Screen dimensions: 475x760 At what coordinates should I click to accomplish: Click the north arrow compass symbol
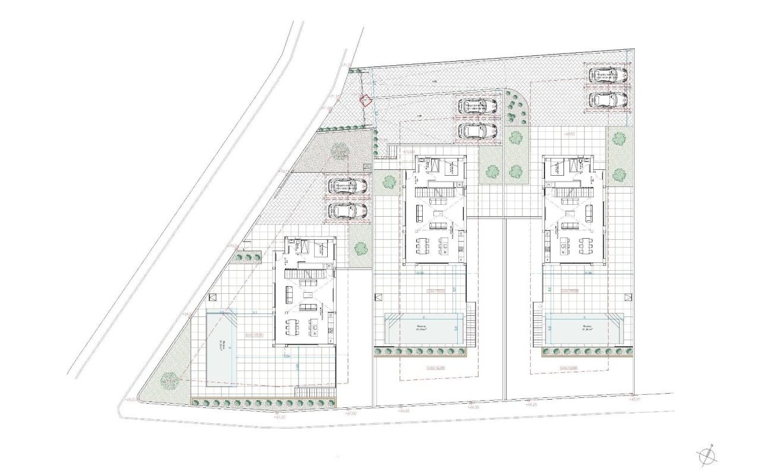click(706, 455)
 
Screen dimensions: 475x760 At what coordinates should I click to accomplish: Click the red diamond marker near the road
click(367, 101)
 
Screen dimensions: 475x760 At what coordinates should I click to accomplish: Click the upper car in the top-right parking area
click(608, 75)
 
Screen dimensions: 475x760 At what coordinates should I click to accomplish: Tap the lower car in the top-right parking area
click(608, 100)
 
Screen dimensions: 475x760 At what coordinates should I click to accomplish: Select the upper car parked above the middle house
click(478, 106)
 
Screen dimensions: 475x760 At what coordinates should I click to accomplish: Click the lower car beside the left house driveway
click(347, 211)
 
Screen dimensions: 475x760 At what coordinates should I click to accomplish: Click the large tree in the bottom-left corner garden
click(170, 378)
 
